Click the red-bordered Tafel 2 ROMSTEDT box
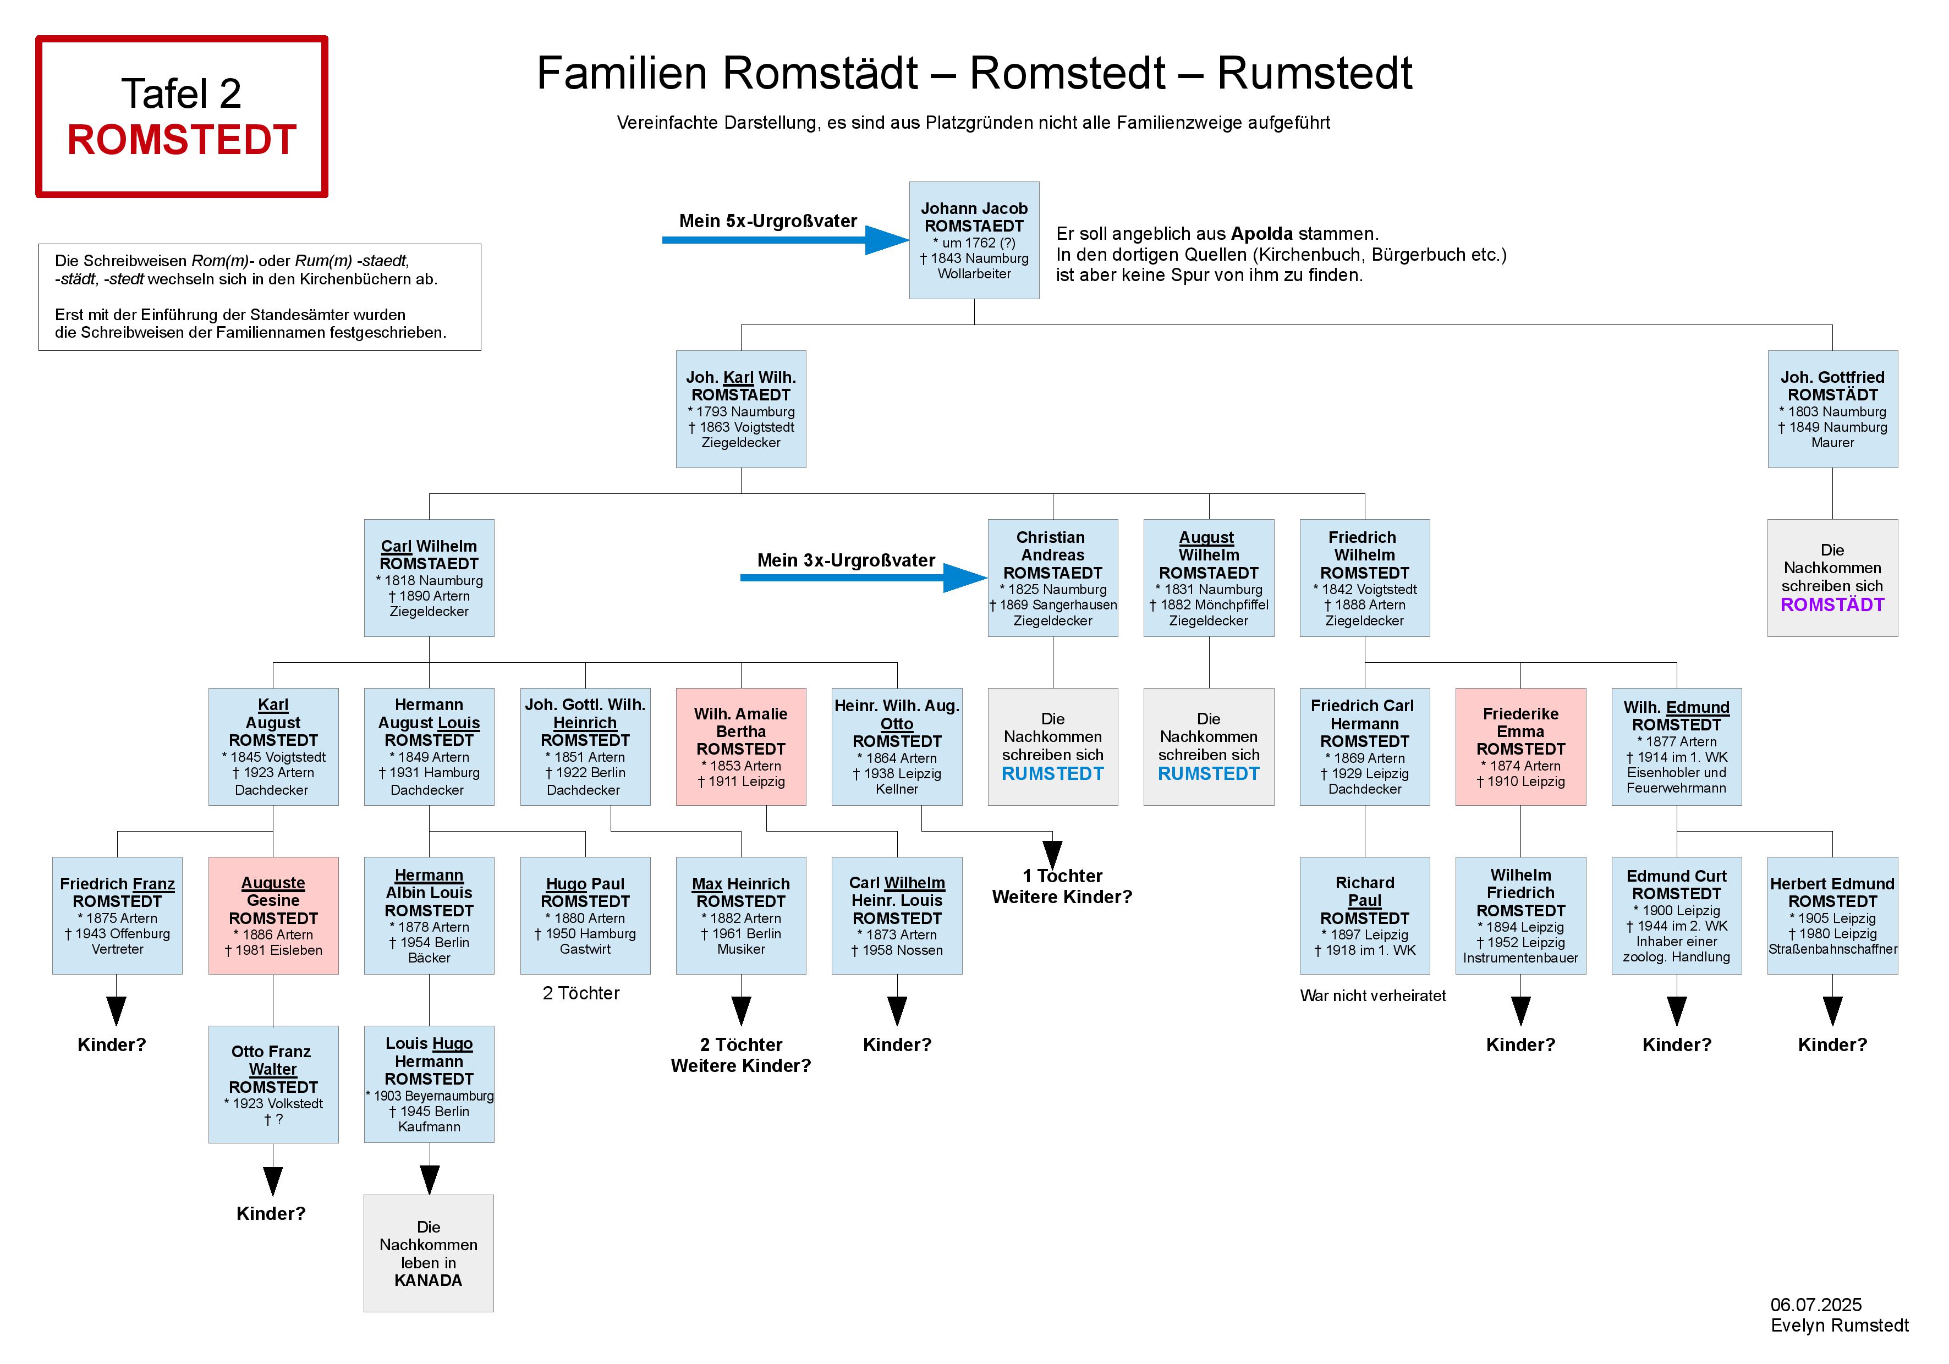point(181,116)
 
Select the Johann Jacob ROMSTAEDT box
point(974,240)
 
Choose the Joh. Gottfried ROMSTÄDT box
point(1832,409)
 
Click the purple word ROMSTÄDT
point(1832,605)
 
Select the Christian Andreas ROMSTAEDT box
point(1052,578)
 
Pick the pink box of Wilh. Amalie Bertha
point(740,747)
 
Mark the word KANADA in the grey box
point(428,1280)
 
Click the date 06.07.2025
point(1815,1305)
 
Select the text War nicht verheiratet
point(1372,996)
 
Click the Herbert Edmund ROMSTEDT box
point(1832,915)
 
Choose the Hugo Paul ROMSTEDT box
point(585,915)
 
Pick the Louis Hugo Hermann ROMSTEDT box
point(429,1084)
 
